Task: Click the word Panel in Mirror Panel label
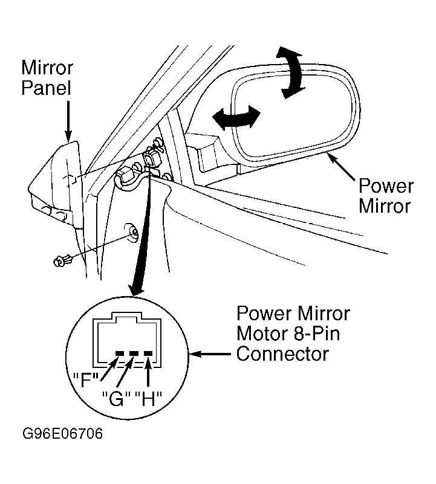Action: [x=47, y=88]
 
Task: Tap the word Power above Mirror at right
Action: [x=386, y=186]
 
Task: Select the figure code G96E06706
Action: [x=62, y=433]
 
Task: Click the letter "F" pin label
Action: [x=86, y=379]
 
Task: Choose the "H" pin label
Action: [x=148, y=399]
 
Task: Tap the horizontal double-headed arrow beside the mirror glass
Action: [x=236, y=118]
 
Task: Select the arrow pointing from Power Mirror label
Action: [x=342, y=166]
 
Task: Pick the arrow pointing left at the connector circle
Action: [x=210, y=354]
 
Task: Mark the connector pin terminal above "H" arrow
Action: [x=148, y=353]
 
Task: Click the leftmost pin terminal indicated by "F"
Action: [x=120, y=353]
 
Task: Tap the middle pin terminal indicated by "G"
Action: [x=134, y=353]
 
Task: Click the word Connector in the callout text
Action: [x=282, y=353]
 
